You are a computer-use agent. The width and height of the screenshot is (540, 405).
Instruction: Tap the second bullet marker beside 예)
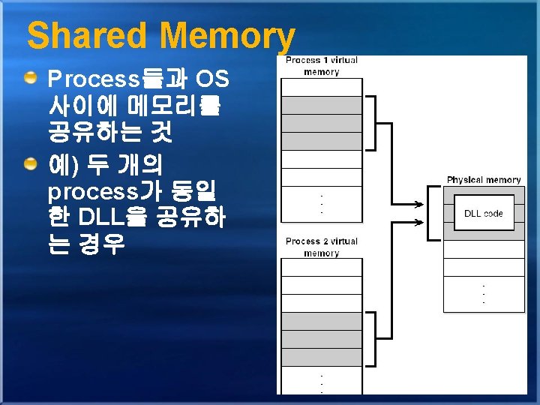click(30, 164)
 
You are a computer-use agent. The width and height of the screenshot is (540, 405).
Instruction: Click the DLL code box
click(483, 213)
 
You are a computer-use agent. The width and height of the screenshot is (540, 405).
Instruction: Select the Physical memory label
click(483, 180)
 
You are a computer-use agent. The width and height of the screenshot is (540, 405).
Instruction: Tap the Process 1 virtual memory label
click(322, 66)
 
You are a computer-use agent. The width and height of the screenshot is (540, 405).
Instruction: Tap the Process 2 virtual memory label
click(322, 247)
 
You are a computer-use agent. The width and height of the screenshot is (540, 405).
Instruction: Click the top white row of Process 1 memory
click(322, 87)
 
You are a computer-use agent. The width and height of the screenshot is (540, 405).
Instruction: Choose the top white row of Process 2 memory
click(322, 267)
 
